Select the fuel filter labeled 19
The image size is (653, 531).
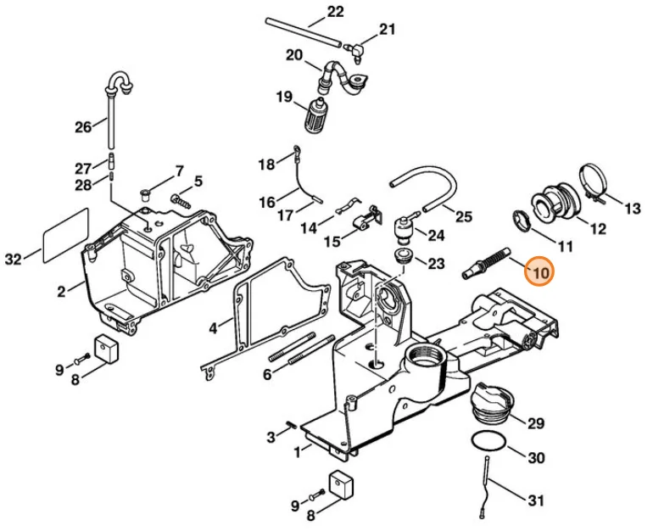click(x=316, y=115)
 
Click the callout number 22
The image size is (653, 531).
click(x=335, y=11)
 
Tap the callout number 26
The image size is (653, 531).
click(x=83, y=126)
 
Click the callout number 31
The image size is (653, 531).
click(x=536, y=500)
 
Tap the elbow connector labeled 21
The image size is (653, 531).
click(x=354, y=50)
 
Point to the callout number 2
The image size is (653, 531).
click(x=62, y=291)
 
